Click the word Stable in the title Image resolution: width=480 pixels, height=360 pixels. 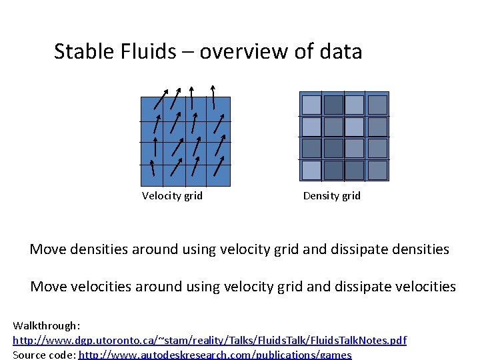pyautogui.click(x=79, y=51)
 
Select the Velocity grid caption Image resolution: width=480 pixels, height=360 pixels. pyautogui.click(x=172, y=195)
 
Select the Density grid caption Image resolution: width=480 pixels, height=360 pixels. pyautogui.click(x=331, y=195)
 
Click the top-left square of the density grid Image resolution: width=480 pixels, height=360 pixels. pyautogui.click(x=311, y=105)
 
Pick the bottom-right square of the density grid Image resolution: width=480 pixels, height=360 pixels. pyautogui.click(x=377, y=170)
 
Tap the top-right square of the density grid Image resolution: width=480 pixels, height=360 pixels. pyautogui.click(x=377, y=105)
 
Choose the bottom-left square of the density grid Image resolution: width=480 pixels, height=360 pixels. pyautogui.click(x=311, y=170)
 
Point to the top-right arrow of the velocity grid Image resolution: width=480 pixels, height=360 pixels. pyautogui.click(x=213, y=97)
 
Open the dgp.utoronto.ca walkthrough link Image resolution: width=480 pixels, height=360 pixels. pyautogui.click(x=209, y=340)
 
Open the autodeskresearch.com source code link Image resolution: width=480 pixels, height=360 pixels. pyautogui.click(x=215, y=355)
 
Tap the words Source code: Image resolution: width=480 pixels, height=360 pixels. pyautogui.click(x=44, y=355)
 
